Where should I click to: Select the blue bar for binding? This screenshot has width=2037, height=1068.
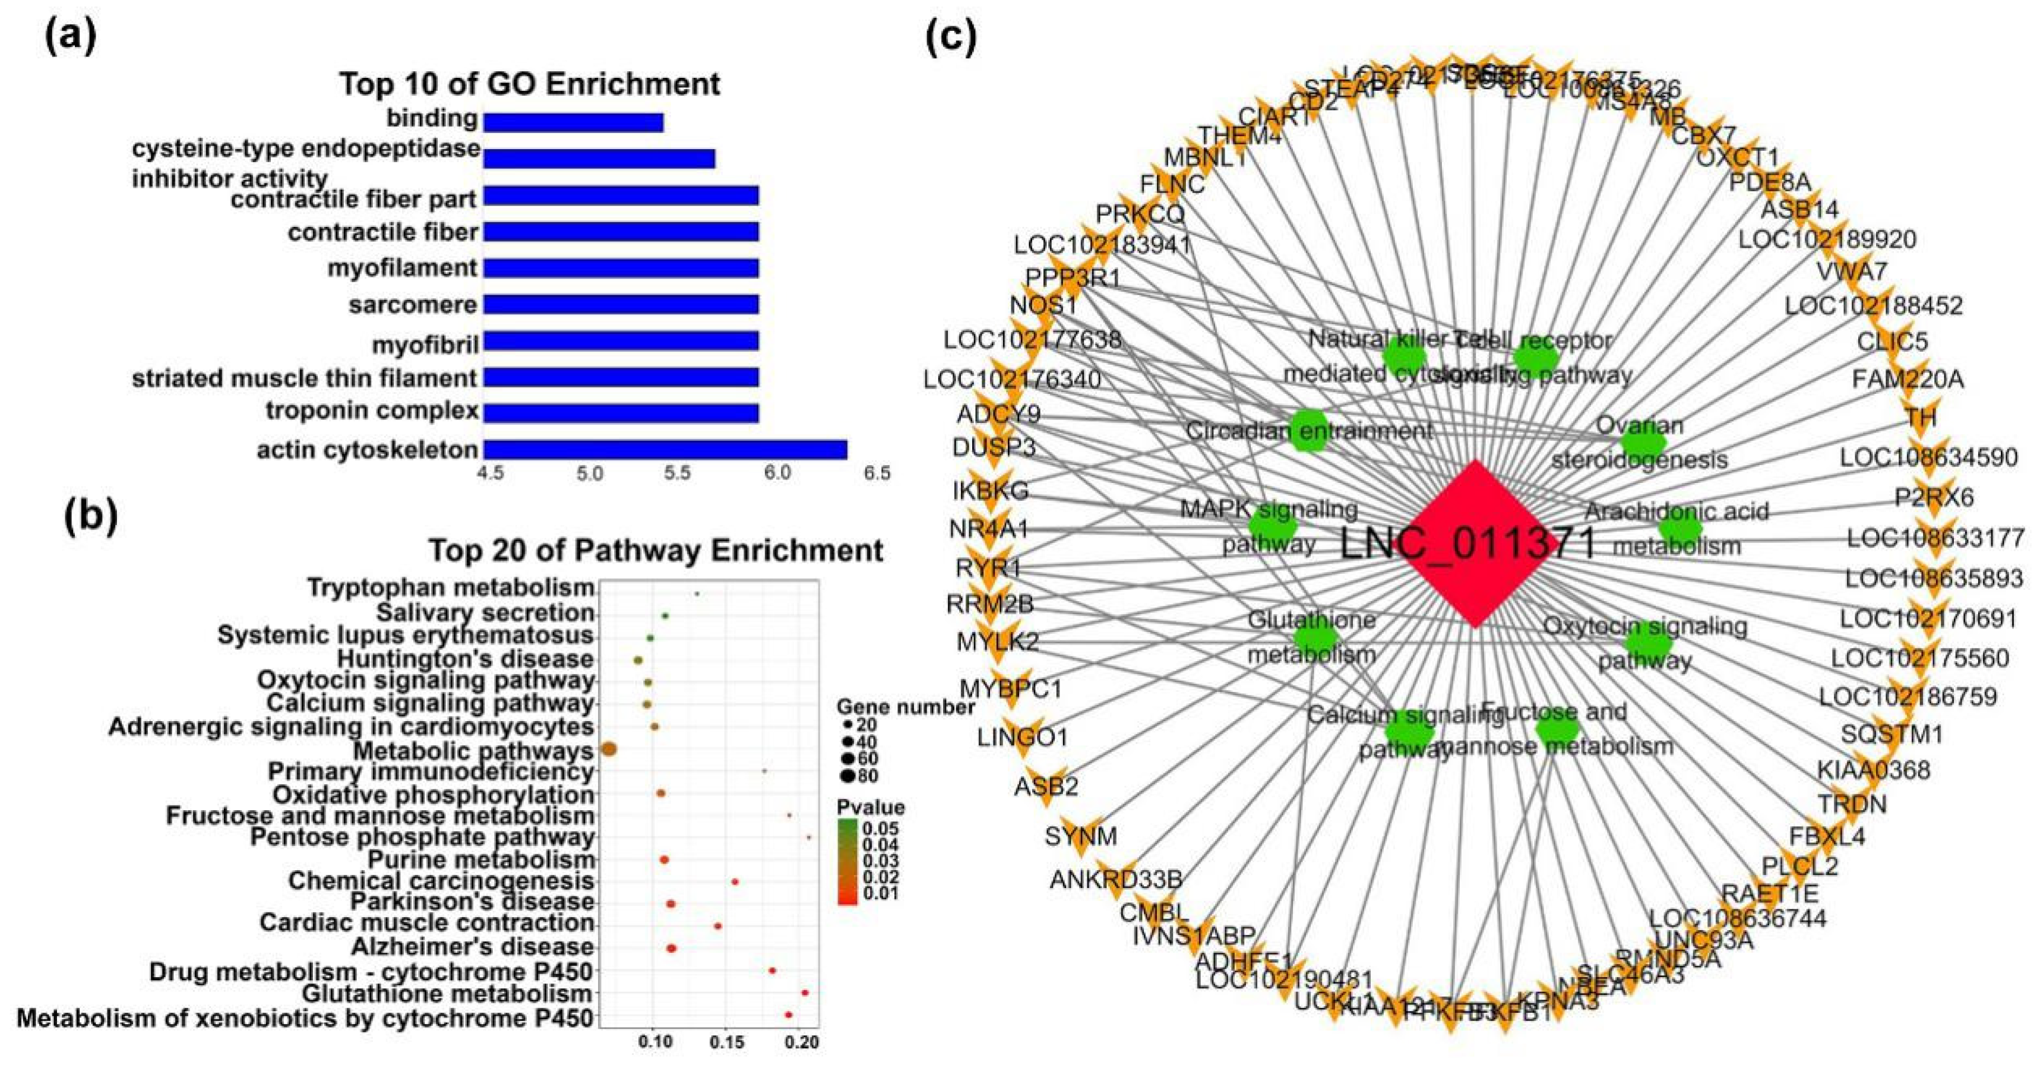click(573, 122)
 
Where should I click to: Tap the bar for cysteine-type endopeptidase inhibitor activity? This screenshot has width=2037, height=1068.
click(599, 158)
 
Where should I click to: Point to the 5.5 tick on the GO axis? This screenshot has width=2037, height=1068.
click(678, 473)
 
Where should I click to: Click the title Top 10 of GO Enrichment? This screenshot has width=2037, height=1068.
click(530, 84)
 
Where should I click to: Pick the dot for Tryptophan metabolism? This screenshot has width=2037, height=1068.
click(697, 593)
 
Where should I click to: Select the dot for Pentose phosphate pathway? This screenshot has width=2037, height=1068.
click(809, 837)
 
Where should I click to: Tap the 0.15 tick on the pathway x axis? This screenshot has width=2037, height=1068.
click(727, 1042)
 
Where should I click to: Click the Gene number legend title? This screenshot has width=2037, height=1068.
click(906, 706)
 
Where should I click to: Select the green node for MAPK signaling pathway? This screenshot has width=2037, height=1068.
click(1273, 524)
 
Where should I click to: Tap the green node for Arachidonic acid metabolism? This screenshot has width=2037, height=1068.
click(1680, 529)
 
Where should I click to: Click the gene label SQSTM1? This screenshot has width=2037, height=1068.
click(1891, 734)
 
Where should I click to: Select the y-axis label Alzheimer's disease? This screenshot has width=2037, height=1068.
click(472, 946)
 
